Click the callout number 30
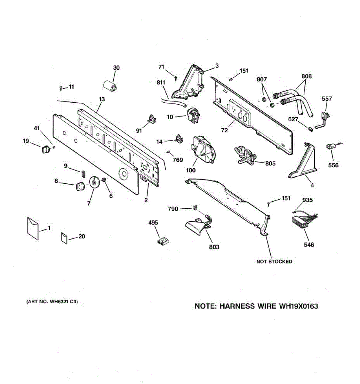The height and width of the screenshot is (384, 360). tap(116, 68)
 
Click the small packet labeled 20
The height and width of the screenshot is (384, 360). tap(64, 238)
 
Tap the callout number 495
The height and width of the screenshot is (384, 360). tap(153, 222)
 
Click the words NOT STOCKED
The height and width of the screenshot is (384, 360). tap(274, 261)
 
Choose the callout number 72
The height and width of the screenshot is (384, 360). tap(224, 130)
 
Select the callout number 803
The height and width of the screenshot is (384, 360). tap(214, 247)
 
